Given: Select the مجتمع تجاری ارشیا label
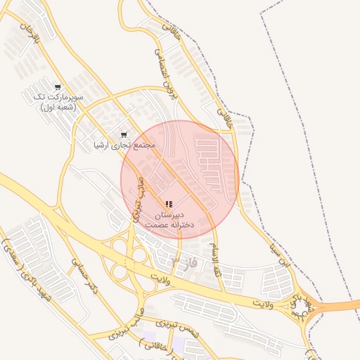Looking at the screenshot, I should click(124, 146).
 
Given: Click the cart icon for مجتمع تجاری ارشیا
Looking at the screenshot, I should click(124, 134).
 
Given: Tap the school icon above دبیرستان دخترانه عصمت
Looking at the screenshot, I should click(169, 204).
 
